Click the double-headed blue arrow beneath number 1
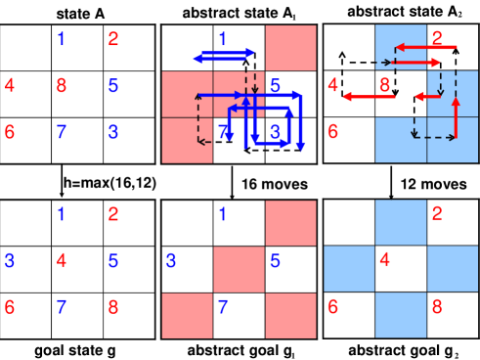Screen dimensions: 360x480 [x=224, y=56]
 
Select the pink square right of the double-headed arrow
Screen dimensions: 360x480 [x=290, y=48]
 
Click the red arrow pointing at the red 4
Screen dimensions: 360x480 [x=362, y=97]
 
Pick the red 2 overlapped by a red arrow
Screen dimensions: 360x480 [x=436, y=39]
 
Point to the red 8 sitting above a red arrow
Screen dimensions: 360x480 [x=384, y=84]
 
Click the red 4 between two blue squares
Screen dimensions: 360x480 [x=384, y=260]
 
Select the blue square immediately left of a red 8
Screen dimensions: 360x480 [x=401, y=315]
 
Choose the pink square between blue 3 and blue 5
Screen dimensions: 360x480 [x=239, y=270]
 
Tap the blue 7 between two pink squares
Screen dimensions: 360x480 [x=223, y=307]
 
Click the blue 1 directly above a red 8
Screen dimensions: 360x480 [x=61, y=39]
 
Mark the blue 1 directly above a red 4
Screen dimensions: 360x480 [x=61, y=213]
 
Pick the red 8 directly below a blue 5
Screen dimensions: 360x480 [x=113, y=307]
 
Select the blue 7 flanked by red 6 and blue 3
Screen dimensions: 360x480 [x=61, y=131]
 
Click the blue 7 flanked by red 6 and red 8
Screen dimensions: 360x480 [x=61, y=307]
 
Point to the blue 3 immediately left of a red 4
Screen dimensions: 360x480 [x=10, y=260]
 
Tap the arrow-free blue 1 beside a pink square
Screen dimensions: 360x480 [x=223, y=213]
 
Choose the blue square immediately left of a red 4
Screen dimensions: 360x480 [x=349, y=269]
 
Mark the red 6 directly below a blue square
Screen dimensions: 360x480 [x=331, y=307]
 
